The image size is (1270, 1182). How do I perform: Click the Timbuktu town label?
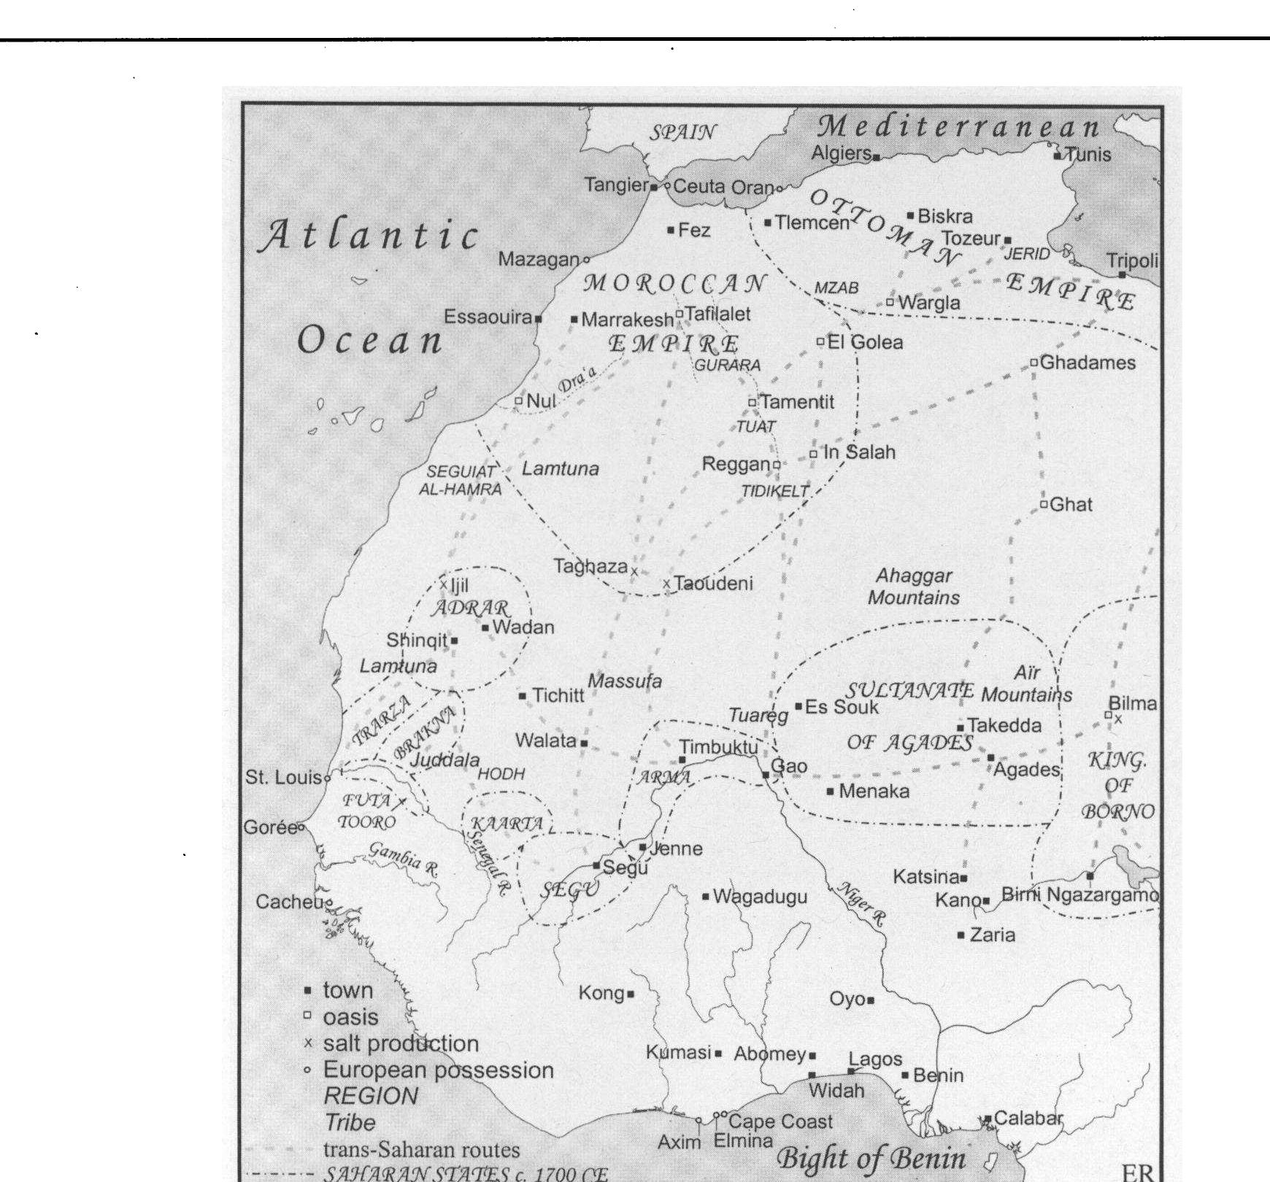point(718,747)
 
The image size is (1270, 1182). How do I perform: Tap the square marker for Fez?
point(671,231)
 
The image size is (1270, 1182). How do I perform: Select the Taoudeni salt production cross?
point(666,584)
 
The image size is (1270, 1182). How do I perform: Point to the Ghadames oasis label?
point(1087,363)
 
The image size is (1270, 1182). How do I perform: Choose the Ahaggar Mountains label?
point(913,587)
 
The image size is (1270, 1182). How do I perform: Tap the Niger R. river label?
point(861,904)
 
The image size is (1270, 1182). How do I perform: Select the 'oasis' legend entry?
point(350,1017)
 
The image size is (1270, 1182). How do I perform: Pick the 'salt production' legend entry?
point(401,1043)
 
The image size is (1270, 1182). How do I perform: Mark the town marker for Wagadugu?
point(706,896)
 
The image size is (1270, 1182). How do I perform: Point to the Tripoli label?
point(1132,260)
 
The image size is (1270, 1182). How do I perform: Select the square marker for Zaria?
point(961,935)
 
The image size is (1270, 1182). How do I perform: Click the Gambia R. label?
point(403,860)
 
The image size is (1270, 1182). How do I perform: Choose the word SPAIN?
point(682,132)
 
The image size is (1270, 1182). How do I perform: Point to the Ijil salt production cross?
point(443,584)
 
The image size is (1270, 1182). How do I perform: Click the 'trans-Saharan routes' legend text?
point(421,1151)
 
